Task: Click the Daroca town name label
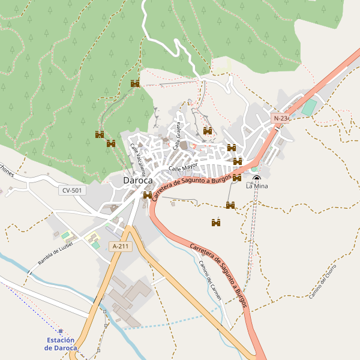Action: [x=137, y=180]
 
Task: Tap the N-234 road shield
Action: [x=281, y=118]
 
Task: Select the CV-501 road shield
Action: [x=73, y=190]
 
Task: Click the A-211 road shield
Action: [x=120, y=246]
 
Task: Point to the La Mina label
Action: [x=257, y=187]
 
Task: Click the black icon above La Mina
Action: [x=257, y=179]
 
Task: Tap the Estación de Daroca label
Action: [x=61, y=344]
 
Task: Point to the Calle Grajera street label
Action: [x=178, y=135]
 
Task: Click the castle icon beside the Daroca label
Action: [x=148, y=195]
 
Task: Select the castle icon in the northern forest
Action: [x=135, y=83]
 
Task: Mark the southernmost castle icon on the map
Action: [x=216, y=223]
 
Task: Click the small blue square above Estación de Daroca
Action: [x=61, y=331]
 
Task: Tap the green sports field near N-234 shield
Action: [x=308, y=108]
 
